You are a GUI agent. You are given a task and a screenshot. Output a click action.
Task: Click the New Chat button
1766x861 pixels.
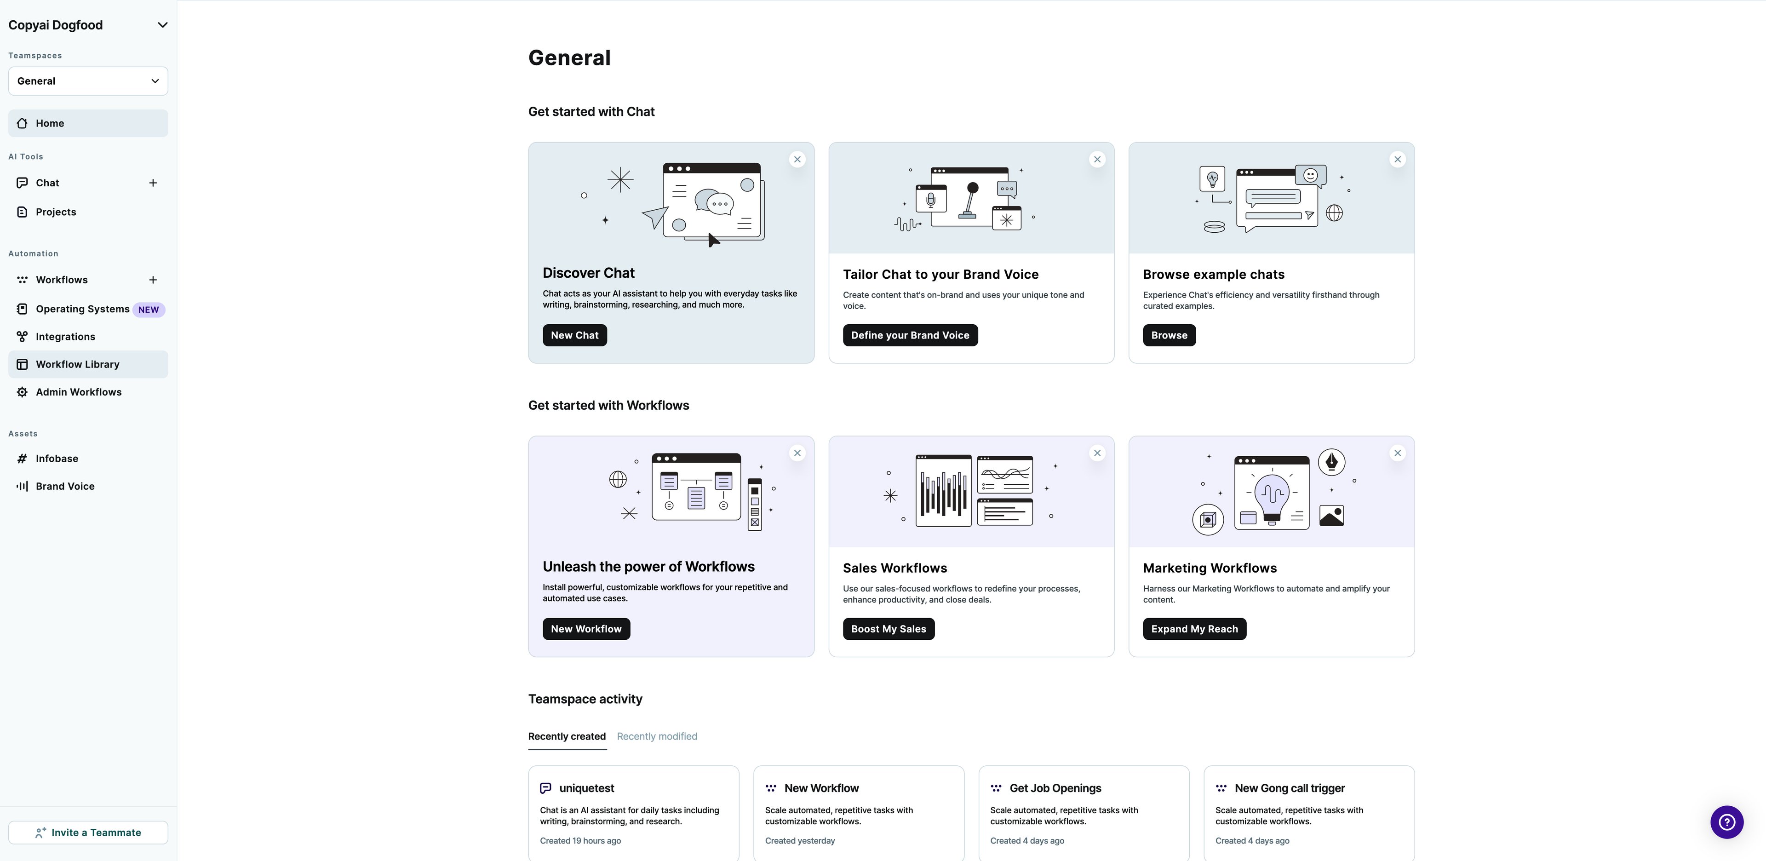(574, 335)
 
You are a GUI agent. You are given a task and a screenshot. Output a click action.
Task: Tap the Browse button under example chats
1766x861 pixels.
(1169, 335)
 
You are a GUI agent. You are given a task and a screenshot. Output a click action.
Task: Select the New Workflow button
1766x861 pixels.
(586, 629)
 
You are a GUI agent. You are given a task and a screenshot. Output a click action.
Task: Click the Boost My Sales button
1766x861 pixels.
(889, 629)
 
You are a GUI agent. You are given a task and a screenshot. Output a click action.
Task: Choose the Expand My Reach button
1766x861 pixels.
(1194, 629)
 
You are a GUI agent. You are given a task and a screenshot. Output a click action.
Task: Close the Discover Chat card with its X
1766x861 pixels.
(797, 159)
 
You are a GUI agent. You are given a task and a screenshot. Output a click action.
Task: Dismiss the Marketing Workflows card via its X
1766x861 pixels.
(1397, 453)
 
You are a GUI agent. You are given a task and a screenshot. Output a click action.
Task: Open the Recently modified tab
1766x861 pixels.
(657, 736)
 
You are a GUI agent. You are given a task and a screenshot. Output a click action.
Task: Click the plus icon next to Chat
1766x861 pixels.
(153, 183)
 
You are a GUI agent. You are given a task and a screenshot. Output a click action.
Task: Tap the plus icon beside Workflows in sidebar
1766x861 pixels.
(153, 280)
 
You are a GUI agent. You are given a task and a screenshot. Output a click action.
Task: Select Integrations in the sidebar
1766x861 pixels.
(65, 337)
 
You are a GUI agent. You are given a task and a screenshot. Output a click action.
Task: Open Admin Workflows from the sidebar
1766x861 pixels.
(78, 392)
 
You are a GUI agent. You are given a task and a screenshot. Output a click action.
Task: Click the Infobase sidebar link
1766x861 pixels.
(57, 459)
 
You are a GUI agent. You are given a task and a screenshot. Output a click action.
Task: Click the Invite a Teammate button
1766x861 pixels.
(88, 832)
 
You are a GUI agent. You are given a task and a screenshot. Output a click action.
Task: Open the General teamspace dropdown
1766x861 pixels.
(88, 81)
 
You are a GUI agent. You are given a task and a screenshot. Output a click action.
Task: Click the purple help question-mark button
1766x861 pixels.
(1726, 822)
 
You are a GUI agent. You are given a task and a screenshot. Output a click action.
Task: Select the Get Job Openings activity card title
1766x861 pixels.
(1055, 788)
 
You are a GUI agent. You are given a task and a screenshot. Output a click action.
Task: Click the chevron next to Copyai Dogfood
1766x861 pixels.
(162, 25)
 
